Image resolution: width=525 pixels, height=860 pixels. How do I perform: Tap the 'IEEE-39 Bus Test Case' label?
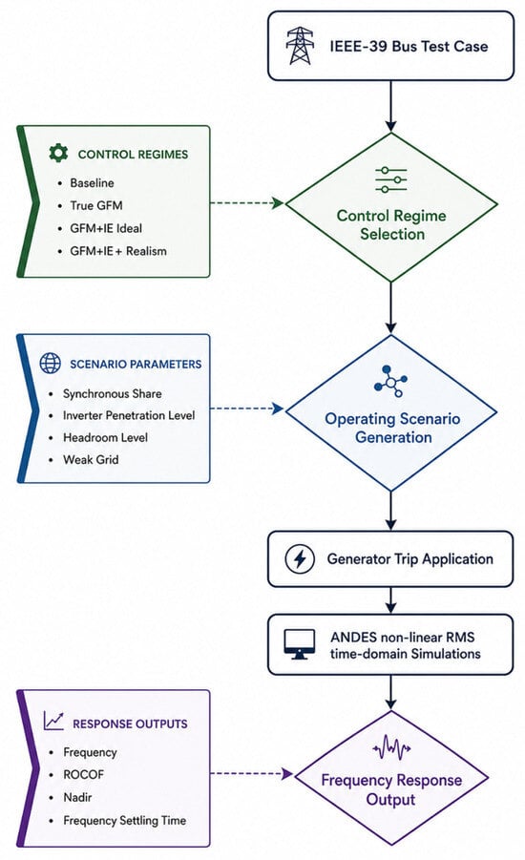(409, 46)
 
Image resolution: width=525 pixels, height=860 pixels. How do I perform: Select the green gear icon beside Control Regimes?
(58, 153)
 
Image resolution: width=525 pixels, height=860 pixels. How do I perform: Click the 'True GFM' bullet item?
(96, 205)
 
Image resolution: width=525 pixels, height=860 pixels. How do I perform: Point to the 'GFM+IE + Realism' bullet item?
(118, 251)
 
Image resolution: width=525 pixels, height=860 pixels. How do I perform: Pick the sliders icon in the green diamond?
(391, 179)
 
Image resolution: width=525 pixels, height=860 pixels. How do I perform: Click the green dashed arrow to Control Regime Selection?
(247, 203)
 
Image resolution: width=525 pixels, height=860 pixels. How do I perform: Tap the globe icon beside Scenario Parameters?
(50, 363)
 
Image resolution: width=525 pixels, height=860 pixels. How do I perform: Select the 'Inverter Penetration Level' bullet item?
(129, 416)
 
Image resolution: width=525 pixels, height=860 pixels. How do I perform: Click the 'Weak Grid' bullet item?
(91, 460)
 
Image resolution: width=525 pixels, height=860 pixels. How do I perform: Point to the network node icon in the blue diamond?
(390, 381)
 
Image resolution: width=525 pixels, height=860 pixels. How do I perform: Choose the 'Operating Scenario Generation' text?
(392, 428)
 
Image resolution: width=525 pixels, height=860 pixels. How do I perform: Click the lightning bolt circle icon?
(300, 559)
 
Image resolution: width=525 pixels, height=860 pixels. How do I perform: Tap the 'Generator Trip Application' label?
(409, 559)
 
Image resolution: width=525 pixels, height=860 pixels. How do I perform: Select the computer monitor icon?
(300, 644)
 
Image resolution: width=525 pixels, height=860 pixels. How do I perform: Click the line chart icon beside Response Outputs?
(53, 722)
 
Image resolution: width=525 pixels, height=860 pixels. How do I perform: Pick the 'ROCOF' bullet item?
(83, 774)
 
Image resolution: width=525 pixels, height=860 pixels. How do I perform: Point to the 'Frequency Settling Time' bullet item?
(124, 821)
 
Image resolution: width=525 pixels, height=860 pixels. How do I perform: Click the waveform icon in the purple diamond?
(391, 747)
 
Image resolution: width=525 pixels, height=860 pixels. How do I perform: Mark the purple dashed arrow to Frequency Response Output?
(252, 774)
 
